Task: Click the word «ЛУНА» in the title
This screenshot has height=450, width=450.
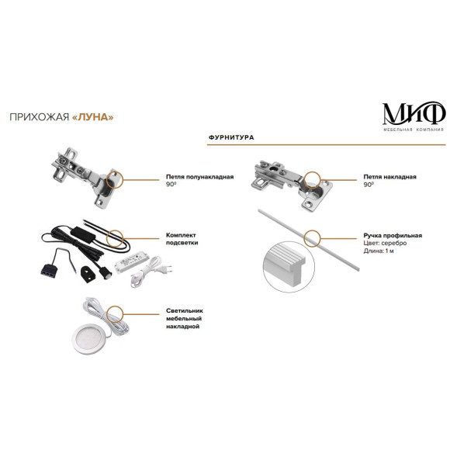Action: point(92,117)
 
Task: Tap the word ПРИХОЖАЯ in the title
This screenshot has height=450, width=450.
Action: point(40,117)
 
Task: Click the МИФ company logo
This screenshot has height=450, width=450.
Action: point(414,116)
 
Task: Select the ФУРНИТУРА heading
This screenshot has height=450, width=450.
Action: point(231,137)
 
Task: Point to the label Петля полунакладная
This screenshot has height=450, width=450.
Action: point(199,177)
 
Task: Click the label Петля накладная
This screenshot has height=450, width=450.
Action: point(389,177)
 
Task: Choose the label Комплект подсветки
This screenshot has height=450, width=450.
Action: point(182,239)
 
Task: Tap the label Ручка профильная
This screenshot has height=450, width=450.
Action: point(393,236)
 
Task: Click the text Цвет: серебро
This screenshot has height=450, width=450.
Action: point(385,243)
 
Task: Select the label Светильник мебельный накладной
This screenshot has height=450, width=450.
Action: point(185,319)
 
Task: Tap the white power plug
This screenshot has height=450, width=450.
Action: point(164,269)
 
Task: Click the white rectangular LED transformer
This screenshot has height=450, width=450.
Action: point(131,262)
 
